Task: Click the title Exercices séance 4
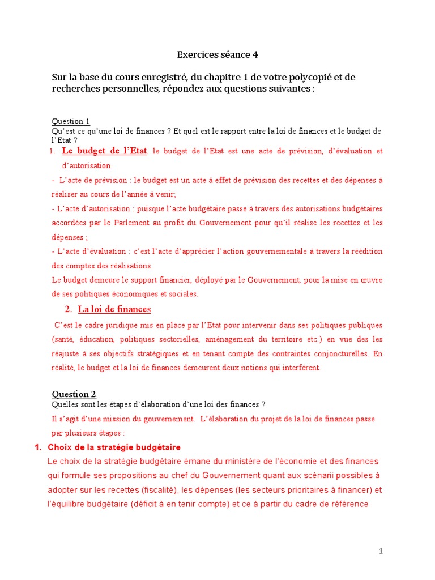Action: point(217,55)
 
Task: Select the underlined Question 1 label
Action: point(71,121)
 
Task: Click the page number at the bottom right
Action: point(381,551)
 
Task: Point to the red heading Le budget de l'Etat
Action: point(104,151)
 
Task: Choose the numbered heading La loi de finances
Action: point(114,309)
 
